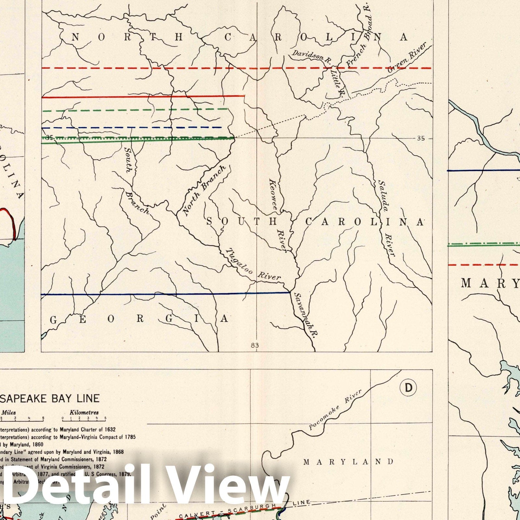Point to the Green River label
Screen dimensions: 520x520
(x=407, y=58)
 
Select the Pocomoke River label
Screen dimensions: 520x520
(x=335, y=409)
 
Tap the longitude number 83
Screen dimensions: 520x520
(x=255, y=345)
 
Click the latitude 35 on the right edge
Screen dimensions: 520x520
(x=421, y=138)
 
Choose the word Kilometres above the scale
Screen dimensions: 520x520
(x=84, y=412)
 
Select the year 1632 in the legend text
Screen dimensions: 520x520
(x=109, y=430)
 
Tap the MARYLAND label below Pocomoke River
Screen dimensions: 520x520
(x=348, y=461)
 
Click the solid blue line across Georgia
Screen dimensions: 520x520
(x=162, y=294)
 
